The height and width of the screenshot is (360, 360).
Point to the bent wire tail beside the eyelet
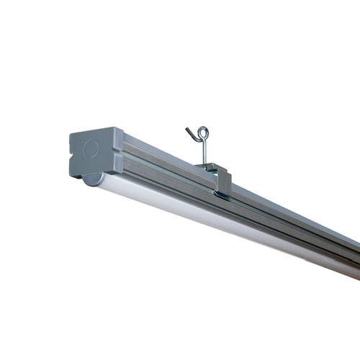pyautogui.click(x=190, y=132)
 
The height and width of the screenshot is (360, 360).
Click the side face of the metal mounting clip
pyautogui.click(x=222, y=182)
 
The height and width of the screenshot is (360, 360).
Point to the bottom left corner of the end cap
pyautogui.click(x=72, y=176)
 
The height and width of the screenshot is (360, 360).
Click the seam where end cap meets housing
pyautogui.click(x=118, y=155)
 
